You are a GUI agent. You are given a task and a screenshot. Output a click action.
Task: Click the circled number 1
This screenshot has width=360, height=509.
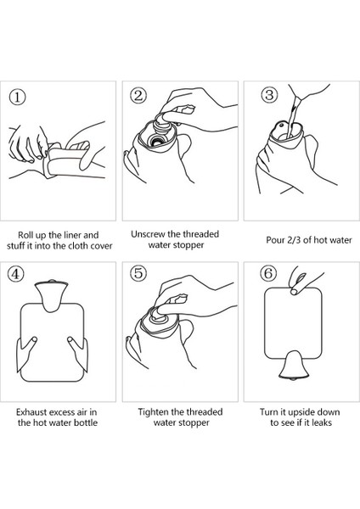(x=17, y=97)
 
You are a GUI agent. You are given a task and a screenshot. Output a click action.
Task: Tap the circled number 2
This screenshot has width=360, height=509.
(x=138, y=96)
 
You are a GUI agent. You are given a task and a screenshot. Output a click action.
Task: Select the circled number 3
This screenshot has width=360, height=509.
(x=269, y=95)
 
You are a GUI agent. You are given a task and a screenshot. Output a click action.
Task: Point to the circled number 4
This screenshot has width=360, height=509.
(x=15, y=274)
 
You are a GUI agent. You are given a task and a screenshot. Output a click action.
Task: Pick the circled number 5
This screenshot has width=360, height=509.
(x=138, y=273)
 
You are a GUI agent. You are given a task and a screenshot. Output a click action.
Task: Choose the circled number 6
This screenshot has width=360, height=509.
(x=268, y=273)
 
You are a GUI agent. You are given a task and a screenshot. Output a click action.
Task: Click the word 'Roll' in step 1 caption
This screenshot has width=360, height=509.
(x=25, y=235)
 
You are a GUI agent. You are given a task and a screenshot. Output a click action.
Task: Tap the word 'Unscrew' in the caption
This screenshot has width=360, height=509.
(x=148, y=234)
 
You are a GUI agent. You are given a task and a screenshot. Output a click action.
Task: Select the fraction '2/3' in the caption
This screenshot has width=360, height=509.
(x=295, y=240)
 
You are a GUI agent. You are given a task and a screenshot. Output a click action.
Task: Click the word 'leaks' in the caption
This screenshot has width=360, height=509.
(x=322, y=422)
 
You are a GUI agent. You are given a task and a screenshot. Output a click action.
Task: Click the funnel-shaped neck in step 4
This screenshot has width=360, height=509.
(x=51, y=295)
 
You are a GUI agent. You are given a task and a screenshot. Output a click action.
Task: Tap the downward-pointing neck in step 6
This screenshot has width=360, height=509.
(x=294, y=365)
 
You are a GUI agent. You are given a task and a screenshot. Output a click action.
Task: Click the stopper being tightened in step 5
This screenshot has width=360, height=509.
(x=160, y=316)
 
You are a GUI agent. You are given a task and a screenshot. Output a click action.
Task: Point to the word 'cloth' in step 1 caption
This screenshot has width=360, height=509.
(x=78, y=246)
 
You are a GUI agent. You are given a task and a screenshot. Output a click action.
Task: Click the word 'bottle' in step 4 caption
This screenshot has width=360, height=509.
(x=86, y=422)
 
